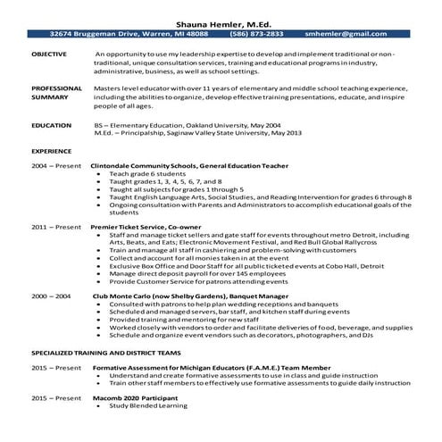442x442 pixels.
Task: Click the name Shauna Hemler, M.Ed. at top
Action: [220, 21]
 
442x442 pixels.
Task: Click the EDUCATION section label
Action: [51, 126]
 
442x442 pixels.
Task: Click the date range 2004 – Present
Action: [55, 166]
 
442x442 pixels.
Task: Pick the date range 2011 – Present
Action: [55, 228]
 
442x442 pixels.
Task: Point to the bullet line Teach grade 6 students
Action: [143, 174]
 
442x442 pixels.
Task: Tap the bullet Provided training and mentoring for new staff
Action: [179, 319]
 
